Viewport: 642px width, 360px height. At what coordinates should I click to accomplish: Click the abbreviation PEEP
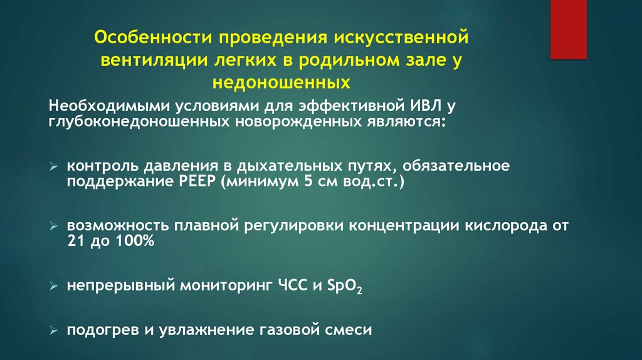196,182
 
